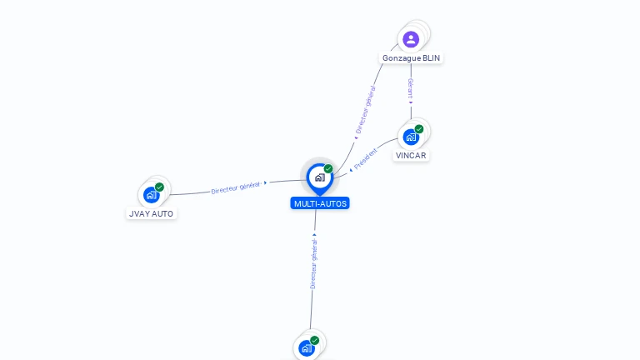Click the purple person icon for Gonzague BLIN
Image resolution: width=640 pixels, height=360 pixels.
pos(411,38)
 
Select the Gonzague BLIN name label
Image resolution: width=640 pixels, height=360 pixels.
pos(412,58)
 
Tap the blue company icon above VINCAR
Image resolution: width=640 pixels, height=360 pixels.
pos(411,137)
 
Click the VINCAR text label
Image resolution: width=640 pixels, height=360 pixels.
pos(412,155)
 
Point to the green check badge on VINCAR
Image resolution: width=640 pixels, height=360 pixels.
pos(419,129)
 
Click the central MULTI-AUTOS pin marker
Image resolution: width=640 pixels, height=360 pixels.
pos(319,177)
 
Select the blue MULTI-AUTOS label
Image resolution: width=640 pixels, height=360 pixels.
pos(320,203)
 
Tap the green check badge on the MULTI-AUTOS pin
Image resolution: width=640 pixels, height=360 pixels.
pos(328,168)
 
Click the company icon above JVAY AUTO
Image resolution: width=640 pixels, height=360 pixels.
pos(151,195)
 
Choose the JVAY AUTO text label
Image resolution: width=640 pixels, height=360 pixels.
pos(152,213)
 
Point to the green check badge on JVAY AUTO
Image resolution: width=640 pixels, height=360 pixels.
pos(159,187)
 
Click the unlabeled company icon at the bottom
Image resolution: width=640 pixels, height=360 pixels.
pos(307,348)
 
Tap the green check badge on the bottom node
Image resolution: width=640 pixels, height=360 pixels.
pos(315,340)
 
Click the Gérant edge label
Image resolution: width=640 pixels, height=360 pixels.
pos(411,89)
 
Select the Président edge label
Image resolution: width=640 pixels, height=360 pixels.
pos(366,158)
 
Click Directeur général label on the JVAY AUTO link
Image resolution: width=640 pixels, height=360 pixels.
pos(236,187)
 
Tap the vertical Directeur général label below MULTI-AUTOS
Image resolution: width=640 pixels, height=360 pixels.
pos(313,263)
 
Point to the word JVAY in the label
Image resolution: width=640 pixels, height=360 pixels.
pos(139,213)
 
